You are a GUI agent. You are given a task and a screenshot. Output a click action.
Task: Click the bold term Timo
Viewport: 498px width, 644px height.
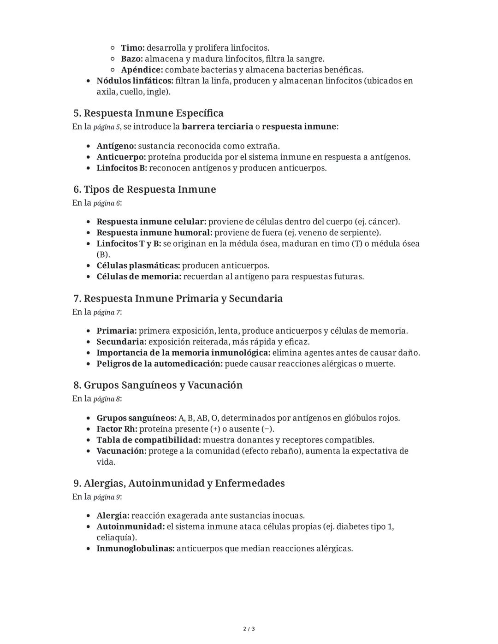(x=133, y=48)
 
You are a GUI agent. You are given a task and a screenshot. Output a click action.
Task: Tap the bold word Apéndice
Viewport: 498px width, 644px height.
(x=142, y=70)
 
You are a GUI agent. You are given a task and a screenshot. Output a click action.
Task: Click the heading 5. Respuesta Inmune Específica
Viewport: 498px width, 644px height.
(x=148, y=113)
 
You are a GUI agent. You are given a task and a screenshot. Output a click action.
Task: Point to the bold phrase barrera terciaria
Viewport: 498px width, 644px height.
(x=217, y=126)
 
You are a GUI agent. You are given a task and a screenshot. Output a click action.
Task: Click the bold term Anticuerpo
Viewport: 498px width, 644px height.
(x=121, y=157)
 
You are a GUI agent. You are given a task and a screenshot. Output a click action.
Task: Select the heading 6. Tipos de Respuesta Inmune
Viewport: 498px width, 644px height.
(x=144, y=189)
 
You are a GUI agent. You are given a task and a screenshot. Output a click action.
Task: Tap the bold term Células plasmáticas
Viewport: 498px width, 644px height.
(x=138, y=266)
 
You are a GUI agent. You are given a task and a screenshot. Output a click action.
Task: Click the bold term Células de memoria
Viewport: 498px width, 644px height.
(x=139, y=277)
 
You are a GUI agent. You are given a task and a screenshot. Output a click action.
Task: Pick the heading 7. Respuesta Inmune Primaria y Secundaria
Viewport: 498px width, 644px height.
(x=178, y=299)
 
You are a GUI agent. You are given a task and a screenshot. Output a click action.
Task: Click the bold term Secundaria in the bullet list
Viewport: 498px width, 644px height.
(x=121, y=342)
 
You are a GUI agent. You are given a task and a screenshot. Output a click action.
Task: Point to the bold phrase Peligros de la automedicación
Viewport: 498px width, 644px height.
(x=160, y=364)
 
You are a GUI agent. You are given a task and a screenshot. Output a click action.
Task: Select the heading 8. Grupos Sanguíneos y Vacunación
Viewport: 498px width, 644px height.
(x=158, y=385)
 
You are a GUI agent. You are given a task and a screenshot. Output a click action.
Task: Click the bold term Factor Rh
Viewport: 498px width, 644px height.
(x=117, y=429)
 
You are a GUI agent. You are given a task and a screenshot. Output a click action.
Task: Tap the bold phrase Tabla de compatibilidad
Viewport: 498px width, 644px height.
(x=148, y=440)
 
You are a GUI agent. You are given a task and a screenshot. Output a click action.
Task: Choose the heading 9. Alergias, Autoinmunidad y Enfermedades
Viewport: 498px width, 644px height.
(x=179, y=484)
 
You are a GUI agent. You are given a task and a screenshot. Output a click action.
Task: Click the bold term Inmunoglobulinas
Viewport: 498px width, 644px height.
(x=136, y=549)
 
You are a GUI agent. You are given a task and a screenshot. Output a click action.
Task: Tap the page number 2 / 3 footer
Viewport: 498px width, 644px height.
(x=249, y=629)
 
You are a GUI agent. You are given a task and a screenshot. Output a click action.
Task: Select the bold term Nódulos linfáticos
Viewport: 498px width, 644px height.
(x=135, y=81)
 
